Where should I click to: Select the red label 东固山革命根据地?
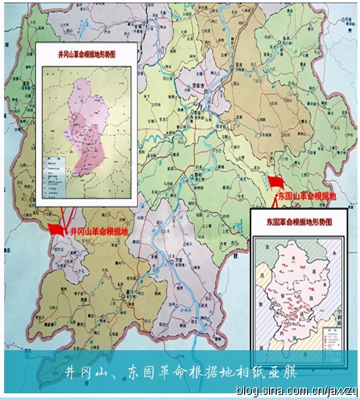click(306, 196)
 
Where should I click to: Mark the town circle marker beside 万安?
click(171, 262)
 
